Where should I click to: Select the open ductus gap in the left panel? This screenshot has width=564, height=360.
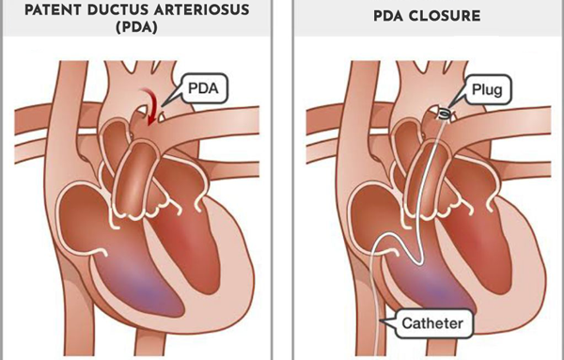click(161, 118)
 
